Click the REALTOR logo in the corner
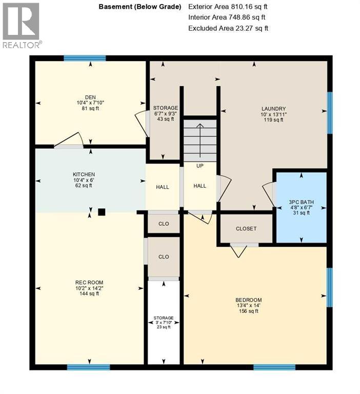tap(22, 25)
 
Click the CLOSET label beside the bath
tap(246, 229)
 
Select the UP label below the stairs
tap(200, 166)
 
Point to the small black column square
tap(102, 211)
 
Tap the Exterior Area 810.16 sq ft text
tap(228, 7)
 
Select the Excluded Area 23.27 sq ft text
tap(228, 28)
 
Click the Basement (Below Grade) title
tap(138, 7)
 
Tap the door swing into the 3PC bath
tap(268, 194)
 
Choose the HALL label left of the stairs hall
tap(163, 187)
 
